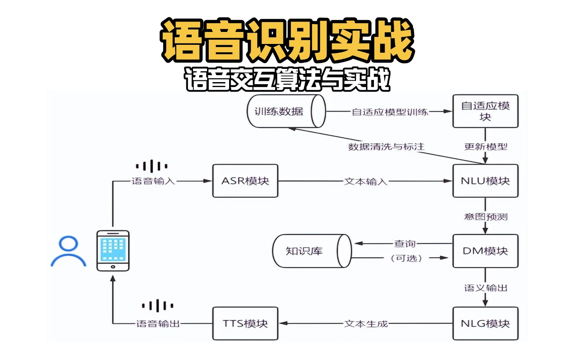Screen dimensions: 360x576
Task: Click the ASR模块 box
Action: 245,181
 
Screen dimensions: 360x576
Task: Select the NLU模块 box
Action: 485,181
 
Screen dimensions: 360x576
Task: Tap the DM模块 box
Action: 485,251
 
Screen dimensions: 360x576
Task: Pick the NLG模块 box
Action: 485,324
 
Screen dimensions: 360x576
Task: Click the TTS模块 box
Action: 245,324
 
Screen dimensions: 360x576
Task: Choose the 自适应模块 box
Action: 485,111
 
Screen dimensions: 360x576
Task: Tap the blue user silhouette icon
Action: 68,251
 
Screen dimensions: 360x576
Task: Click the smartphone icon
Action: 113,251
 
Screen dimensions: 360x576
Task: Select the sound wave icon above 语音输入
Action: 152,166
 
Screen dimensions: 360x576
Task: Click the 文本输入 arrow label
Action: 366,181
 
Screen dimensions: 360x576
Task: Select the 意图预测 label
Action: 486,216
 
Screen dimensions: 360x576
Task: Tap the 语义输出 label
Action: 486,288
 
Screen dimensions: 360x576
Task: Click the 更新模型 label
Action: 486,147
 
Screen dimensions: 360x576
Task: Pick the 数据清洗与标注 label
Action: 386,147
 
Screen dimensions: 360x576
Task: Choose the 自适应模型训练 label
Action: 390,112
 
